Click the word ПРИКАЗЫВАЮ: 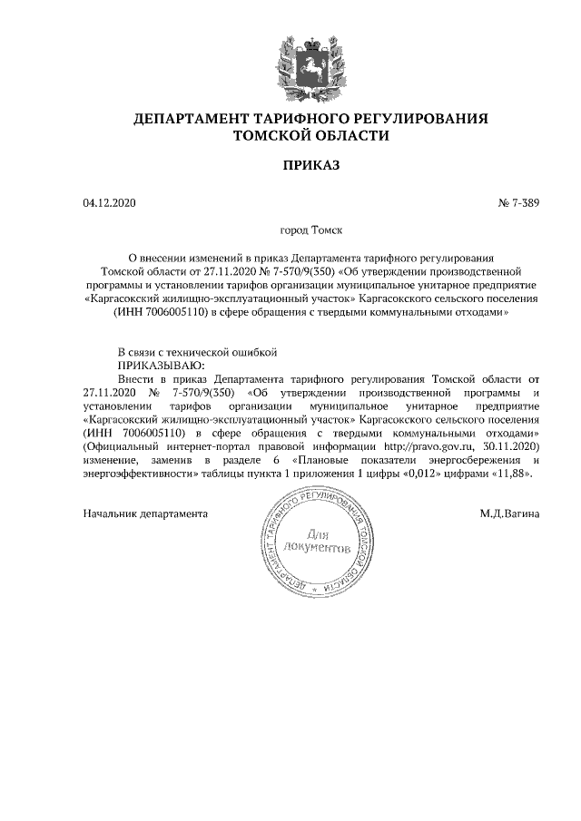pos(156,364)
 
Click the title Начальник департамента pos(145,513)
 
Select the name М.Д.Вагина pos(510,513)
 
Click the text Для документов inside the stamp pos(317,542)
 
